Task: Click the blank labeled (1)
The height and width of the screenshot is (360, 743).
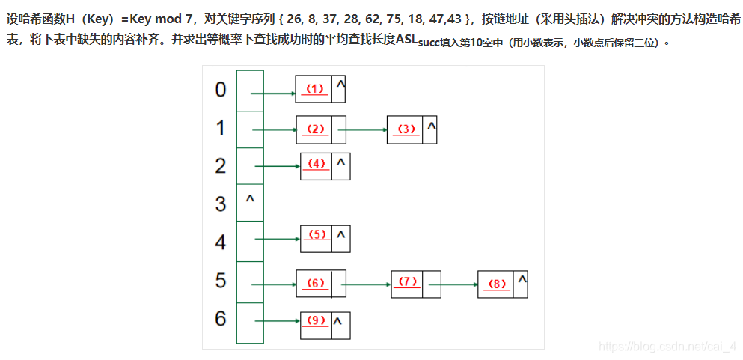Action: click(314, 89)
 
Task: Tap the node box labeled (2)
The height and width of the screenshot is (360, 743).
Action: click(315, 129)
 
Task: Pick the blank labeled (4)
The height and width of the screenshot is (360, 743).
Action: click(317, 164)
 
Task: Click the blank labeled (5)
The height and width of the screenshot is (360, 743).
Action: click(317, 235)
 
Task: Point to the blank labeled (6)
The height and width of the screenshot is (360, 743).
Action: click(314, 283)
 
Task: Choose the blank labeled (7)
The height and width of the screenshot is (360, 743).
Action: click(408, 282)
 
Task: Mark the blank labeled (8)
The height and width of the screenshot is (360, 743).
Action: click(496, 284)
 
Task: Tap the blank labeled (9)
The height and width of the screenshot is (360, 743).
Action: click(317, 321)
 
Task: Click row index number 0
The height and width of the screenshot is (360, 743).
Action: click(220, 90)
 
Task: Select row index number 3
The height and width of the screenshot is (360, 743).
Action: click(220, 203)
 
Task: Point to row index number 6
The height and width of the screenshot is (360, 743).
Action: click(220, 318)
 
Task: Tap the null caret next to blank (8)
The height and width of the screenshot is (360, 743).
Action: click(522, 279)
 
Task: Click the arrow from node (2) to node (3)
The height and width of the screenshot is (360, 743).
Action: click(362, 130)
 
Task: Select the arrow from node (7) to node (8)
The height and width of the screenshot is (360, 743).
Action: click(453, 284)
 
